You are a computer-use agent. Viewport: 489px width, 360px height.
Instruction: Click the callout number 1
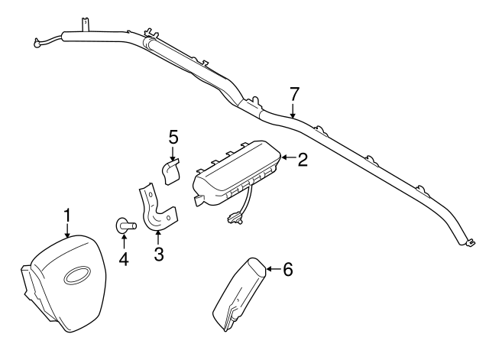[x=67, y=216]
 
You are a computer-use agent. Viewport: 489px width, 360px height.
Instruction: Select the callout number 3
[x=159, y=254]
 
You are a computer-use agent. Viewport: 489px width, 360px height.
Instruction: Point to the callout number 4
[x=124, y=258]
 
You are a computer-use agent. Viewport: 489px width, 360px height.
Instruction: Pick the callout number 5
[x=173, y=137]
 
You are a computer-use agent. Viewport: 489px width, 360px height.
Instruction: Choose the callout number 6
[x=287, y=269]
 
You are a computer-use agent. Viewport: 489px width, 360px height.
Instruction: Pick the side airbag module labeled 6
[x=239, y=294]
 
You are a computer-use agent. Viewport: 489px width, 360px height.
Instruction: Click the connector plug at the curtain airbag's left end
[x=36, y=44]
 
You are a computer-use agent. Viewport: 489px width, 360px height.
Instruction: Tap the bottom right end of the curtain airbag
[x=465, y=242]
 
